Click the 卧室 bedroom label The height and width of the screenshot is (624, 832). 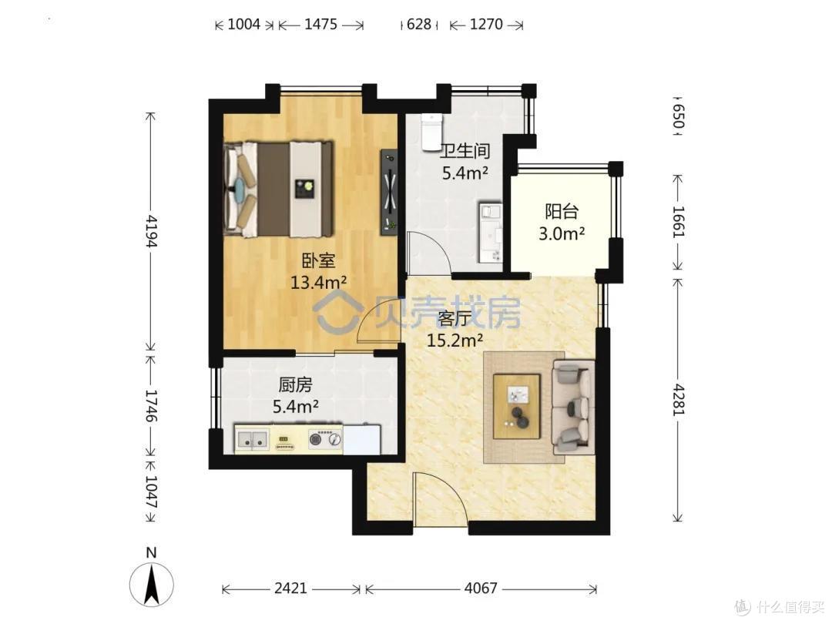click(x=318, y=261)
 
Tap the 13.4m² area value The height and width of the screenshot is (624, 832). click(x=318, y=282)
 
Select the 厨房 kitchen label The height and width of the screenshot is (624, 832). click(x=295, y=384)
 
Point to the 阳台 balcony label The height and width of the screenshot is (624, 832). click(x=562, y=212)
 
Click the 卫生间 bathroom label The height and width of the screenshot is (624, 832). click(x=465, y=151)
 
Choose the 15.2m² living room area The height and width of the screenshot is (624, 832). click(x=455, y=341)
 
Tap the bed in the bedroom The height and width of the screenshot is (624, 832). click(x=279, y=189)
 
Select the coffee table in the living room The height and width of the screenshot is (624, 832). click(x=517, y=407)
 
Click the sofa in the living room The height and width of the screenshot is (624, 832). click(x=573, y=407)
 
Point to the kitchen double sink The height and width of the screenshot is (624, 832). click(x=252, y=439)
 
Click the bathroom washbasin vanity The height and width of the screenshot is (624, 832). click(x=490, y=232)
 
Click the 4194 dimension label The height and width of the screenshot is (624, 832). click(x=151, y=231)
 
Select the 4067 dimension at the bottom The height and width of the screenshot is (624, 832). click(x=481, y=588)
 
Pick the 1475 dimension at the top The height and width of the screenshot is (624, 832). click(x=320, y=25)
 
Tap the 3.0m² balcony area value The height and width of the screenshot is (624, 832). click(x=562, y=233)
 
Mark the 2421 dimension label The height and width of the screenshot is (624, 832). click(x=290, y=588)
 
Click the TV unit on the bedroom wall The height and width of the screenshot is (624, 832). click(x=390, y=192)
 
